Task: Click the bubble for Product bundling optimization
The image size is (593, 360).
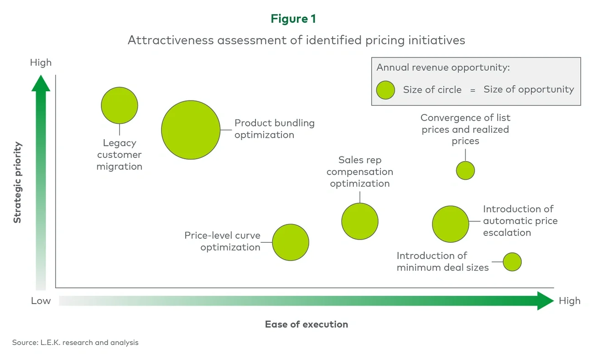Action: pyautogui.click(x=191, y=130)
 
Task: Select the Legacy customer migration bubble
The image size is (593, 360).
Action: pyautogui.click(x=120, y=105)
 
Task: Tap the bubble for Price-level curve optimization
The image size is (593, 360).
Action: pyautogui.click(x=291, y=242)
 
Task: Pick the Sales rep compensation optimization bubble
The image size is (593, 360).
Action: pyautogui.click(x=360, y=221)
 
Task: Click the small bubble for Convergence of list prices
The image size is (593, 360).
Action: pyautogui.click(x=465, y=170)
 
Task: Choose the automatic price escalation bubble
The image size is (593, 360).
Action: pyautogui.click(x=451, y=224)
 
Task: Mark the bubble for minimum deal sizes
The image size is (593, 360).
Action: pyautogui.click(x=512, y=262)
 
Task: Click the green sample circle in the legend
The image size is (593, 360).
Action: pyautogui.click(x=385, y=90)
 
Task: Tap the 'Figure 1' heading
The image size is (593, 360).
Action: pyautogui.click(x=293, y=19)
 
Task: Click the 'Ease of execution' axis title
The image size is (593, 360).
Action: pyautogui.click(x=306, y=324)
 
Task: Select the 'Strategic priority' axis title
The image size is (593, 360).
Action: pyautogui.click(x=17, y=183)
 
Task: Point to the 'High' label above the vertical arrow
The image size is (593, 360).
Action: pyautogui.click(x=41, y=63)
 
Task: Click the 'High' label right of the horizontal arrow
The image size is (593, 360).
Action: pyautogui.click(x=569, y=301)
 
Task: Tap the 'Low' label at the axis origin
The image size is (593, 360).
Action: pyautogui.click(x=41, y=301)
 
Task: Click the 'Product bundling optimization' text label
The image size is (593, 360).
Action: pyautogui.click(x=274, y=129)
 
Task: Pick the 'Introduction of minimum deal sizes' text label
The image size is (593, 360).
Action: pyautogui.click(x=442, y=261)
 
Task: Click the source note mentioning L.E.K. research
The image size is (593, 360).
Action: pyautogui.click(x=75, y=342)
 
